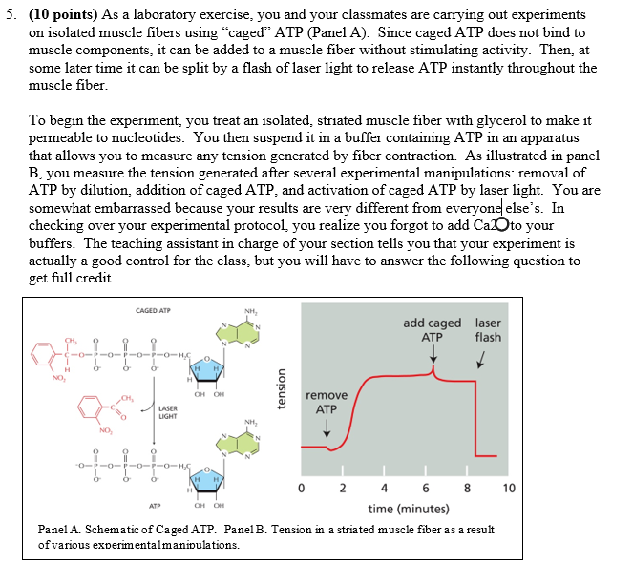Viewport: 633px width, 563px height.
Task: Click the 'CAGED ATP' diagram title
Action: pyautogui.click(x=153, y=311)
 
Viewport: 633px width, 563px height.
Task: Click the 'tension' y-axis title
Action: pyautogui.click(x=283, y=389)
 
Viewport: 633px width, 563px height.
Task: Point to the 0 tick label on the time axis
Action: pyautogui.click(x=300, y=489)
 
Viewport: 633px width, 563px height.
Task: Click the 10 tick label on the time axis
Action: pyautogui.click(x=508, y=489)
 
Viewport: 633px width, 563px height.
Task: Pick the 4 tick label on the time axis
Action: pyautogui.click(x=384, y=489)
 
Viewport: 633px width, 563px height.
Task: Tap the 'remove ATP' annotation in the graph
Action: pyautogui.click(x=327, y=403)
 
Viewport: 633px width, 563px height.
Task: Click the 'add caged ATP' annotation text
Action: pyautogui.click(x=432, y=330)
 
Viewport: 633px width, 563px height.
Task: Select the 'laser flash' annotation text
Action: pyautogui.click(x=488, y=330)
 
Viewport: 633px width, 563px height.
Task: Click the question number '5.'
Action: pyautogui.click(x=11, y=15)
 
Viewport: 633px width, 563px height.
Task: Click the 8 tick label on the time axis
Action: pyautogui.click(x=467, y=489)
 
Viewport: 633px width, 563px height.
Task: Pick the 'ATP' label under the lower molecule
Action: pyautogui.click(x=154, y=507)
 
